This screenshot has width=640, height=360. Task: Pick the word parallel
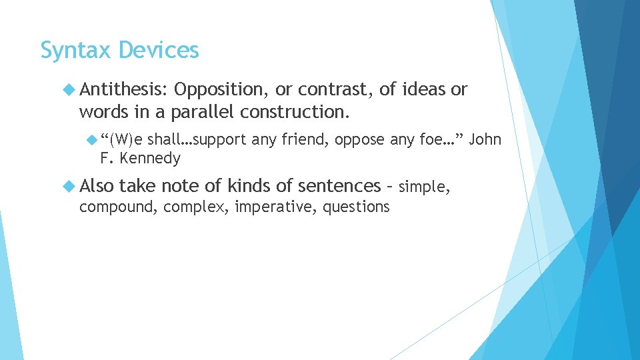[x=203, y=113]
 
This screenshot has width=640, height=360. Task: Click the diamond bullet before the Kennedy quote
[x=93, y=139]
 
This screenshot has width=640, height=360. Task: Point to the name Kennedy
[x=150, y=159]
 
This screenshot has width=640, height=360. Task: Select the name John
[x=485, y=139]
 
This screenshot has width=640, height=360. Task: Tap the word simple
[x=424, y=187]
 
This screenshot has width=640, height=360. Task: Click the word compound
[x=117, y=207]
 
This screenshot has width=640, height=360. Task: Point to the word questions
[x=356, y=207]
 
